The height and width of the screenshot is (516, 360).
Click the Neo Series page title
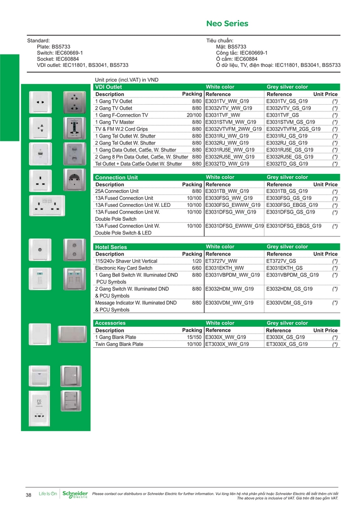click(x=227, y=23)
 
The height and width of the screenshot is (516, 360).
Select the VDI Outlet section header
click(x=109, y=87)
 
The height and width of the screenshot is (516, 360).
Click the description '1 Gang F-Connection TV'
click(x=121, y=115)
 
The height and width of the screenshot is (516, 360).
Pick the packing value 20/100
click(x=194, y=115)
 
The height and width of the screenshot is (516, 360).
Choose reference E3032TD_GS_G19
click(x=288, y=163)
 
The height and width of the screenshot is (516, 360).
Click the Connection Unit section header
click(x=116, y=177)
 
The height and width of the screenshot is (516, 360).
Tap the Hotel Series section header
click(x=111, y=247)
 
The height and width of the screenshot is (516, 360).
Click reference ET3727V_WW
click(x=221, y=261)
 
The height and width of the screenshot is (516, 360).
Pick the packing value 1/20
click(x=196, y=261)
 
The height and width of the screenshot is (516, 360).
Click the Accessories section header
click(x=110, y=323)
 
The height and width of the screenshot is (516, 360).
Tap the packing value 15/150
click(x=194, y=337)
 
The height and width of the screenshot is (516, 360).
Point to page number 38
click(x=29, y=495)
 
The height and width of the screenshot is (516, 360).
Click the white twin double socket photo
click(x=48, y=206)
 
